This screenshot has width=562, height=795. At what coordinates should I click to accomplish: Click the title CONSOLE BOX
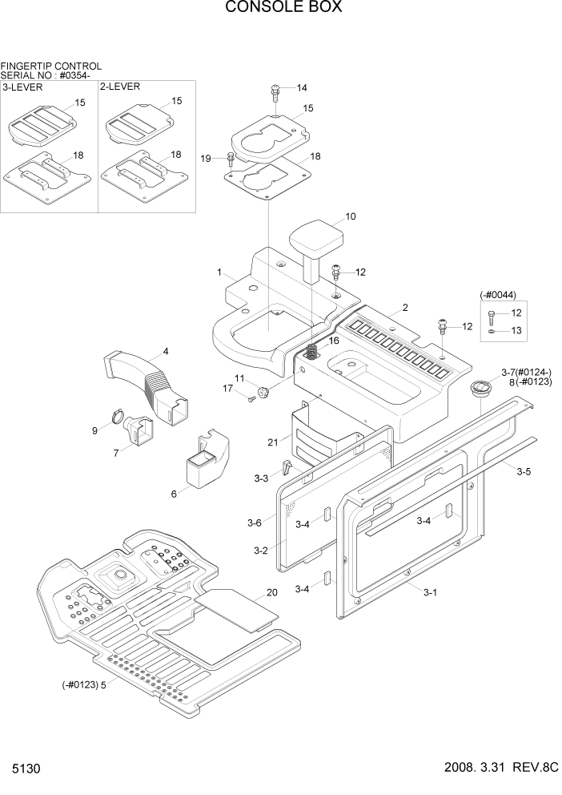[x=283, y=8]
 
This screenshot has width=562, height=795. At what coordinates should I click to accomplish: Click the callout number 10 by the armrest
[x=350, y=216]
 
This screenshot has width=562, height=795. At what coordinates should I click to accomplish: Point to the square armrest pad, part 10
[x=316, y=239]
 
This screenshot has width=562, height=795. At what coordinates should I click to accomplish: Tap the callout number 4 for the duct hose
[x=165, y=351]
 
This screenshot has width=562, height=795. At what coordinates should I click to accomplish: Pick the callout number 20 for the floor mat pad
[x=271, y=593]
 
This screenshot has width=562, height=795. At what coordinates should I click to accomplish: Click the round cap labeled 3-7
[x=482, y=388]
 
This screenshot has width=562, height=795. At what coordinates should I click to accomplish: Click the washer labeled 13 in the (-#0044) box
[x=492, y=329]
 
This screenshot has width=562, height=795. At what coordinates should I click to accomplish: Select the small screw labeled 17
[x=250, y=400]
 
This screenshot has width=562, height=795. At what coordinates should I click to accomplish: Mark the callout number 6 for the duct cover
[x=174, y=494]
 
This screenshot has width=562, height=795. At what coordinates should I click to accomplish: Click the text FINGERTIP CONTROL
[x=51, y=66]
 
